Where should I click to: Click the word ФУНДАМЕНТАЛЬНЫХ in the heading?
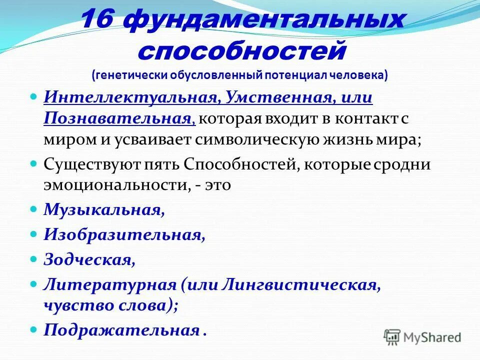(264, 21)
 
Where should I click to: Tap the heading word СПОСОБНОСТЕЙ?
(241, 50)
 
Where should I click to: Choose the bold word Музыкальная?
(102, 209)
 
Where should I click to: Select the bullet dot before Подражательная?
(34, 329)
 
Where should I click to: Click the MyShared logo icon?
(392, 336)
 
